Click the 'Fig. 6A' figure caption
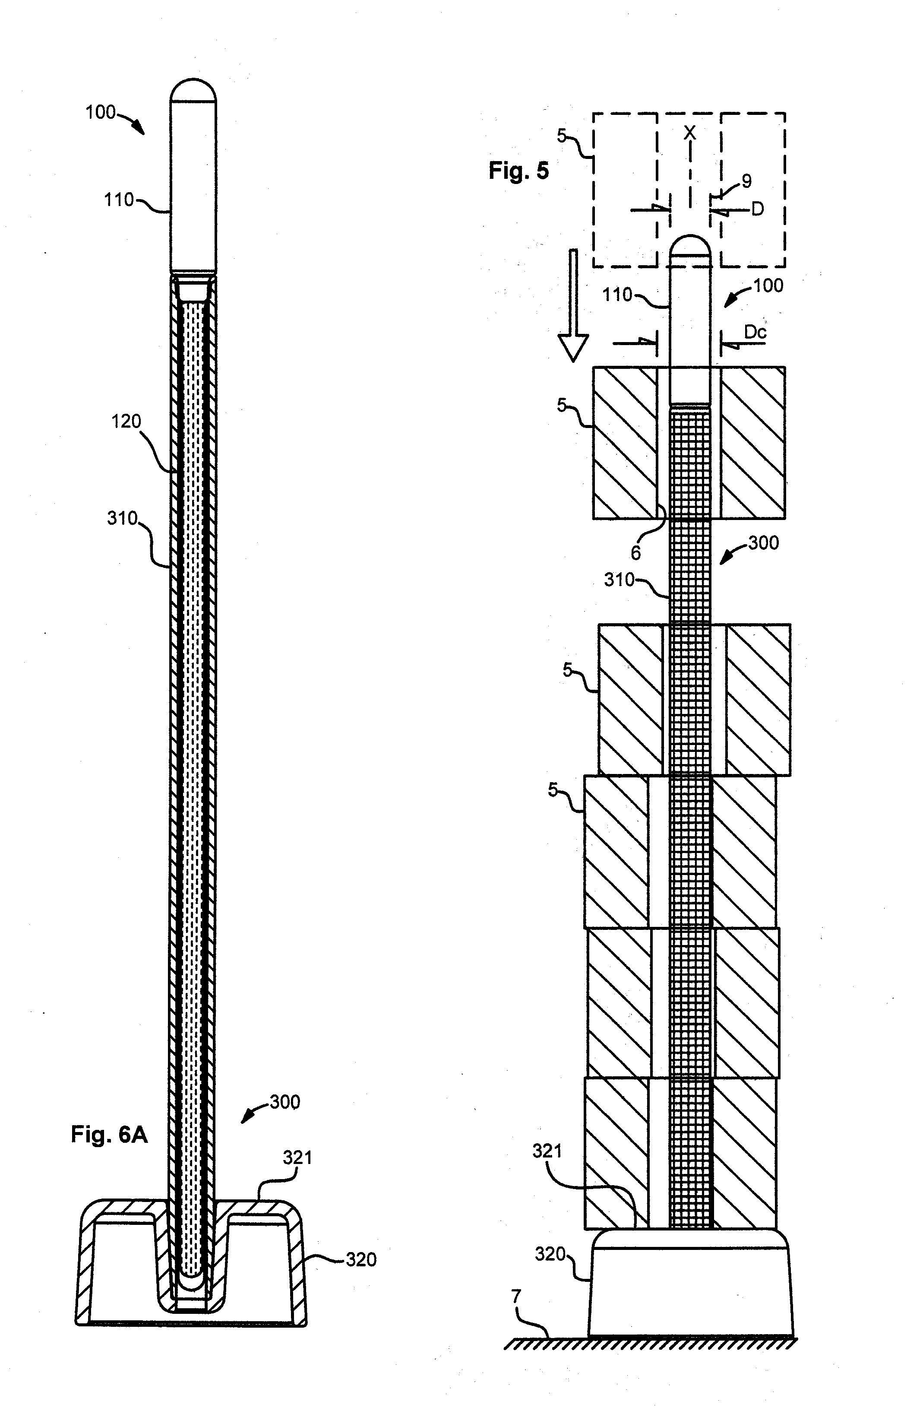pyautogui.click(x=109, y=1134)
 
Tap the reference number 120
pyautogui.click(x=126, y=422)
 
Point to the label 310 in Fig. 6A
pyautogui.click(x=123, y=518)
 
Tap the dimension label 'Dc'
pyautogui.click(x=755, y=333)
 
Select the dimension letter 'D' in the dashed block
pyautogui.click(x=758, y=209)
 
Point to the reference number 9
pyautogui.click(x=747, y=181)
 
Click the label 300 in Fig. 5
pyautogui.click(x=763, y=543)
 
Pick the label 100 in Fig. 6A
pyautogui.click(x=101, y=112)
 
